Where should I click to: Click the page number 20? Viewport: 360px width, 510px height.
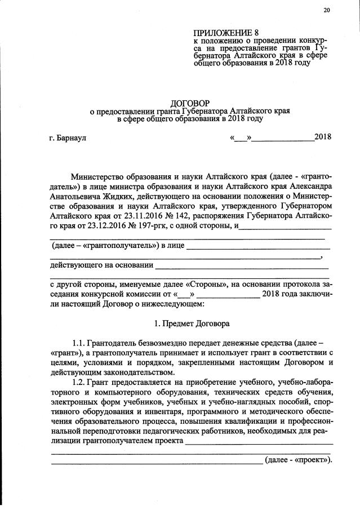point(327,10)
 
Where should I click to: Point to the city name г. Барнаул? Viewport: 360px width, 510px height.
point(68,137)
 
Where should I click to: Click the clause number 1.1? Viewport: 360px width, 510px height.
point(78,343)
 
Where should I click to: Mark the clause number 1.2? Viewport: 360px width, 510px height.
point(79,382)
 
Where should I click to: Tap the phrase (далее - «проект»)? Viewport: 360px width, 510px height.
point(299,459)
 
